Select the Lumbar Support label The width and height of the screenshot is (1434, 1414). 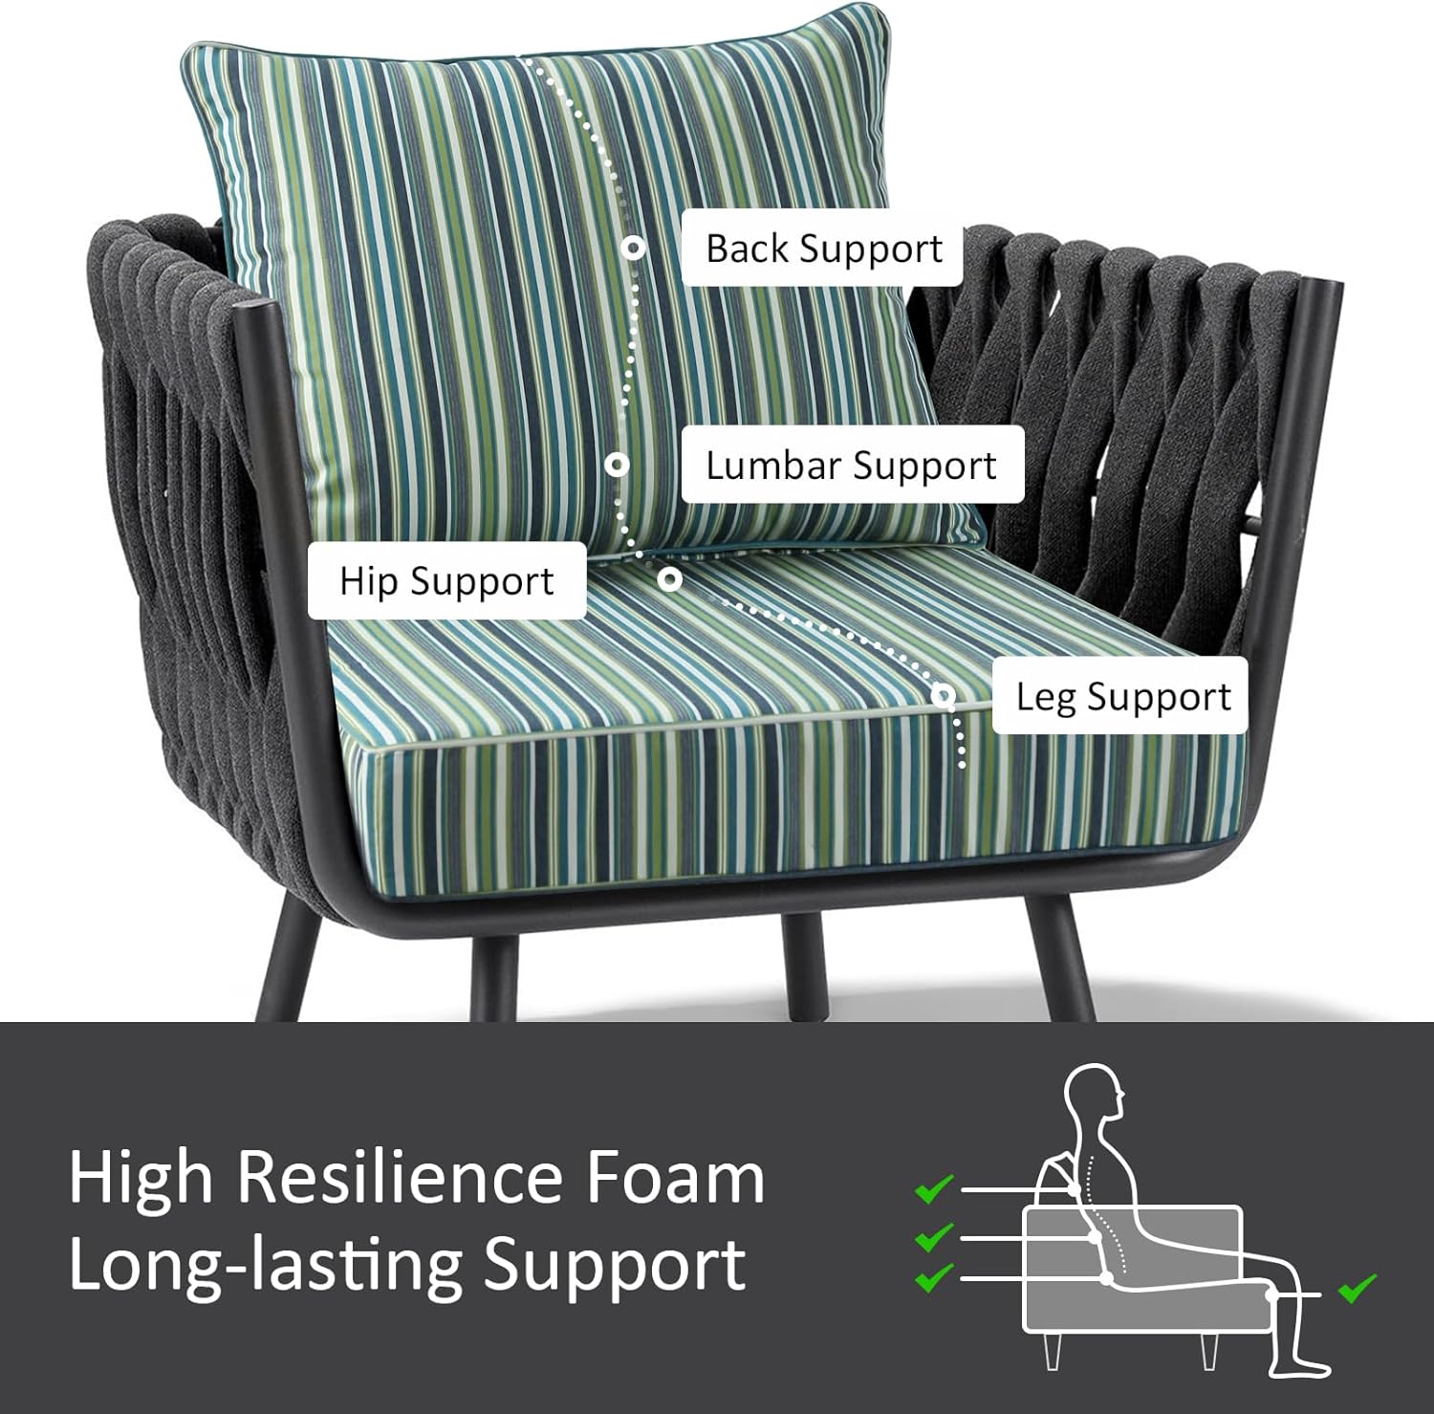coord(852,466)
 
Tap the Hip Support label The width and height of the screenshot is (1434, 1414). coord(446,581)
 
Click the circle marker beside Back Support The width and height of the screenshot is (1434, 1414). coord(632,249)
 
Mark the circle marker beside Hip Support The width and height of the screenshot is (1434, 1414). coord(669,578)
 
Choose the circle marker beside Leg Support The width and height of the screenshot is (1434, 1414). coord(944,695)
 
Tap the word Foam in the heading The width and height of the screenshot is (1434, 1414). coord(675,1177)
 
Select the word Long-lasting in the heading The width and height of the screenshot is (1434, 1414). coord(265,1265)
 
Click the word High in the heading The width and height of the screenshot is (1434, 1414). coord(141,1179)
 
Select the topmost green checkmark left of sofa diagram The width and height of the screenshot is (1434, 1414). coord(934,1188)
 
